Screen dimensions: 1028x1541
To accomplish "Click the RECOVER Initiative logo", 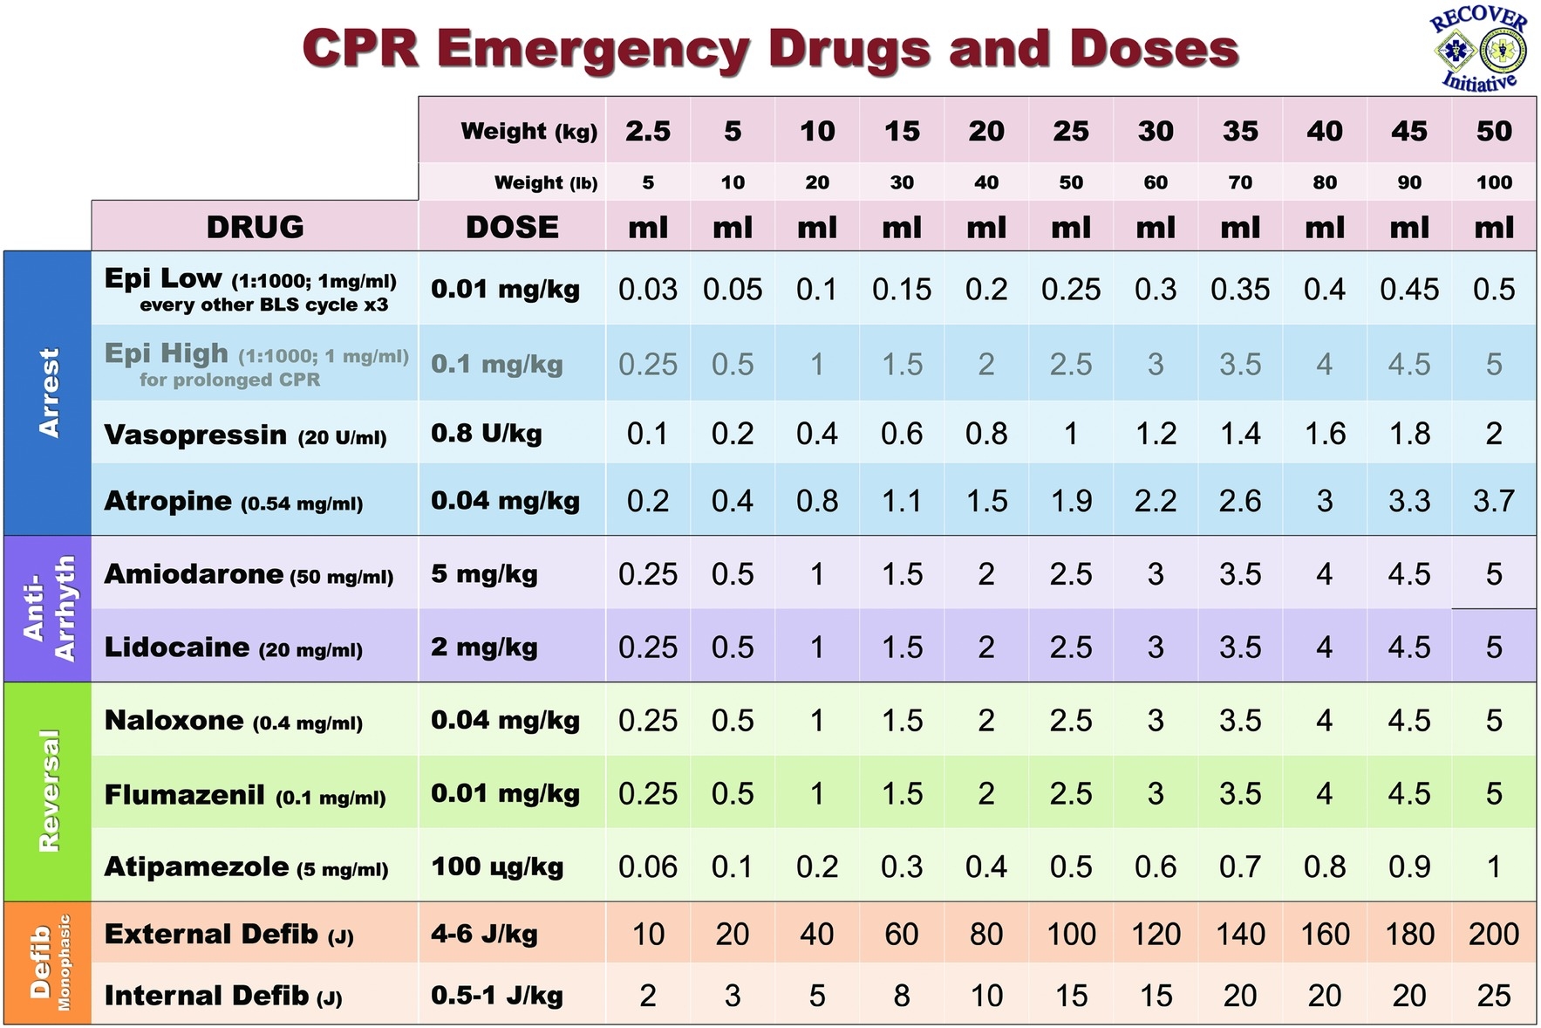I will pyautogui.click(x=1478, y=49).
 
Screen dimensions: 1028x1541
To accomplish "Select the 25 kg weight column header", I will pyautogui.click(x=1070, y=131).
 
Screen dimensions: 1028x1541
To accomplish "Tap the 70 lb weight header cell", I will pyautogui.click(x=1239, y=182).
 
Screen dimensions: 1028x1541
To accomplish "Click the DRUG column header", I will pyautogui.click(x=255, y=227).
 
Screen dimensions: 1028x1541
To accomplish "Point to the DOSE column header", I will pyautogui.click(x=512, y=227).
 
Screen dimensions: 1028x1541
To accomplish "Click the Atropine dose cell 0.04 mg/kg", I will pyautogui.click(x=505, y=501).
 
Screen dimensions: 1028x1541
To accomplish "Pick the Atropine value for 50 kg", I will pyautogui.click(x=1493, y=501).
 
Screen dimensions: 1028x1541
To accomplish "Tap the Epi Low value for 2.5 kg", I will pyautogui.click(x=647, y=290).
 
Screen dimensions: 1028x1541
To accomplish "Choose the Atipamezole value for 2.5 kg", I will pyautogui.click(x=647, y=867).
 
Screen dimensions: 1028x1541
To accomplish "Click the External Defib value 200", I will pyautogui.click(x=1493, y=934).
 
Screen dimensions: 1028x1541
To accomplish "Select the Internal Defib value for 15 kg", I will pyautogui.click(x=901, y=995).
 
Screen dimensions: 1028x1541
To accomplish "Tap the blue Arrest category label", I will pyautogui.click(x=49, y=393).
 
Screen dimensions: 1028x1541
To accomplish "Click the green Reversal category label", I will pyautogui.click(x=49, y=791).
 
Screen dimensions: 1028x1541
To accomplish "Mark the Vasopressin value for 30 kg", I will pyautogui.click(x=1155, y=434).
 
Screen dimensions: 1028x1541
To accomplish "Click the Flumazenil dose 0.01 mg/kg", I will pyautogui.click(x=505, y=793).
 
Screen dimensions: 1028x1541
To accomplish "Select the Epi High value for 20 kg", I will pyautogui.click(x=985, y=364).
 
